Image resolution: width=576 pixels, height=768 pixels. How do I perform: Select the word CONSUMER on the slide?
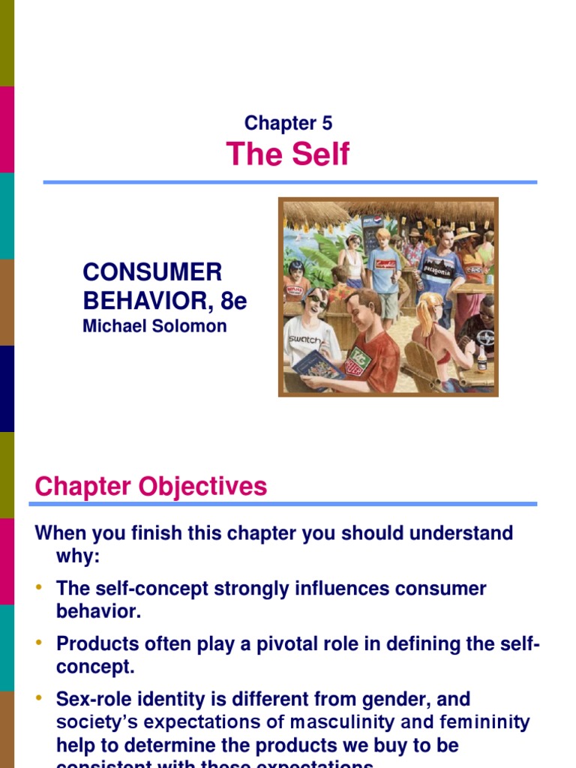[x=152, y=272]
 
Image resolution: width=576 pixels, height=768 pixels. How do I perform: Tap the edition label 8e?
[x=233, y=301]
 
